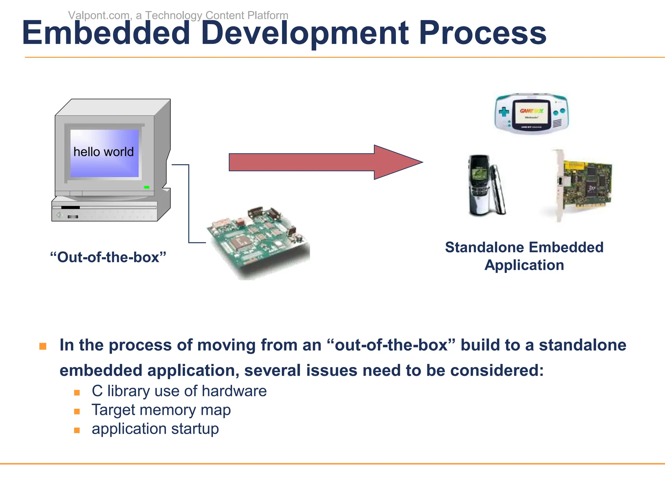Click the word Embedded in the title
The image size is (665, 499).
pos(106,33)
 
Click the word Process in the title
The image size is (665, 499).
pos(483,33)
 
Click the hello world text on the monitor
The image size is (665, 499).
pos(104,152)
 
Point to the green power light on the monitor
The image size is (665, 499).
pos(146,187)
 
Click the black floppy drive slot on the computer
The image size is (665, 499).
pos(70,207)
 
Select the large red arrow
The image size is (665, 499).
pos(325,162)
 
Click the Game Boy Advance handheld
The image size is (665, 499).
pos(532,114)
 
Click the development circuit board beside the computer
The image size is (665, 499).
pos(258,242)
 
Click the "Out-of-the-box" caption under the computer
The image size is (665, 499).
pos(108,257)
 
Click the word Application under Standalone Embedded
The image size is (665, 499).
pos(524,265)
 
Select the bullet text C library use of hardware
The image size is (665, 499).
pos(179,391)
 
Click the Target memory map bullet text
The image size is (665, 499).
pos(161,410)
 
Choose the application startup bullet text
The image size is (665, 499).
pos(155,429)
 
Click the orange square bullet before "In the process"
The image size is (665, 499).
pos(43,346)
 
